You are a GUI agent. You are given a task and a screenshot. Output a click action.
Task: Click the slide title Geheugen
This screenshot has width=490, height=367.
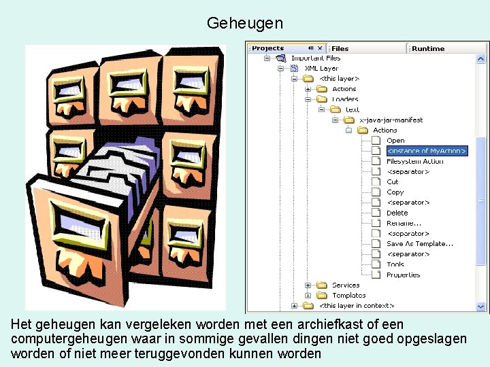pos(244,23)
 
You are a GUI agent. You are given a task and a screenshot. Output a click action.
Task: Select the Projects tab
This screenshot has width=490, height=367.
pos(268,48)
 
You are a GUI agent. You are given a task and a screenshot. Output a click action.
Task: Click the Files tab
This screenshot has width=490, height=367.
pos(340,48)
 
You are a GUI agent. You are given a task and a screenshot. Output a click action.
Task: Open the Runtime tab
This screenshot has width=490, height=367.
pos(428,48)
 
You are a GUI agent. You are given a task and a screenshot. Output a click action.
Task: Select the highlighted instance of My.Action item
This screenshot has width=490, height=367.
pos(427,151)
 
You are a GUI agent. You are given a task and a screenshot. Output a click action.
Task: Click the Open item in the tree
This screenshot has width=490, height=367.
pos(395,141)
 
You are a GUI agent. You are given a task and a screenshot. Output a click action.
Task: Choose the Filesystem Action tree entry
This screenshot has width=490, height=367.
pos(414,161)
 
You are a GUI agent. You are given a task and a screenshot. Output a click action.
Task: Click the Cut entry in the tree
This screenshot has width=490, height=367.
pos(393,181)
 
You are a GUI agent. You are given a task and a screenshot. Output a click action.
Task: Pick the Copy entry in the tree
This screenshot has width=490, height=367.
pos(395,192)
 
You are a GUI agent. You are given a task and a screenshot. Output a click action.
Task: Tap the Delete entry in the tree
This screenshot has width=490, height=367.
pos(397,213)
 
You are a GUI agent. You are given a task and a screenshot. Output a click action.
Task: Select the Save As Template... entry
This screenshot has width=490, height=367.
pos(419,243)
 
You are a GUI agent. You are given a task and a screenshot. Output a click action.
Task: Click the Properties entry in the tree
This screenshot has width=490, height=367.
pos(403,275)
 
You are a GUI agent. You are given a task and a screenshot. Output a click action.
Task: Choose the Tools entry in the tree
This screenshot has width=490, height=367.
pos(395,264)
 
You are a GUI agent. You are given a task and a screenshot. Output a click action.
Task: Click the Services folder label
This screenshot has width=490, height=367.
pos(346,285)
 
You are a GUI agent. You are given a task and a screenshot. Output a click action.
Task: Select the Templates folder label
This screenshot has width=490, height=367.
pos(348,295)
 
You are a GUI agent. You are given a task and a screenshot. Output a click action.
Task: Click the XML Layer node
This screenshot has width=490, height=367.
pos(321,68)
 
